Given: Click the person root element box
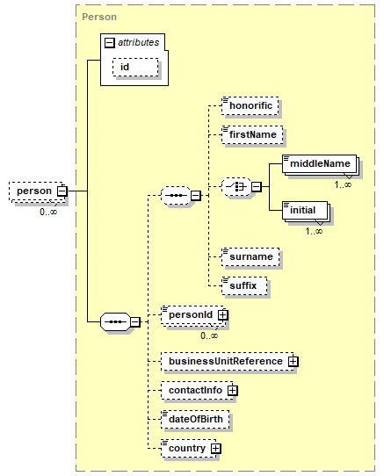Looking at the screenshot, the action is pyautogui.click(x=36, y=191).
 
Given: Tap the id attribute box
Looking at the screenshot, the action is pyautogui.click(x=135, y=67).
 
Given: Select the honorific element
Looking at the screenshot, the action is pyautogui.click(x=250, y=105).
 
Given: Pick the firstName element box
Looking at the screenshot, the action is pyautogui.click(x=252, y=134).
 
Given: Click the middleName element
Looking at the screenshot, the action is pyautogui.click(x=319, y=164).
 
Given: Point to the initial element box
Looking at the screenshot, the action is pyautogui.click(x=305, y=210).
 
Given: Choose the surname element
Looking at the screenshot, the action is pyautogui.click(x=250, y=256).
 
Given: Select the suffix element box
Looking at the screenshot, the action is pyautogui.click(x=244, y=285).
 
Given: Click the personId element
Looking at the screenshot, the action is pyautogui.click(x=193, y=315).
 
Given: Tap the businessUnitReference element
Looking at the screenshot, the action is pyautogui.click(x=228, y=361).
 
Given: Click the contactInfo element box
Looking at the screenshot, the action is pyautogui.click(x=197, y=391).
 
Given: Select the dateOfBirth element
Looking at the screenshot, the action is pyautogui.click(x=195, y=419).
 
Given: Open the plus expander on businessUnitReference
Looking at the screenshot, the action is pyautogui.click(x=293, y=361).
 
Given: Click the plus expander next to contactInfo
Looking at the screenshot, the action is pyautogui.click(x=232, y=391).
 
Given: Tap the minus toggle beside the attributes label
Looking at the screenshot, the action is pyautogui.click(x=109, y=42).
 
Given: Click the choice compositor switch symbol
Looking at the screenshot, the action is pyautogui.click(x=236, y=187).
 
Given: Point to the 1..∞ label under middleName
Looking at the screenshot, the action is pyautogui.click(x=343, y=184).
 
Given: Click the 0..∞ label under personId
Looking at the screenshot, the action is pyautogui.click(x=209, y=335).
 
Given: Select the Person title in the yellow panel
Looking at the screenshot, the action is pyautogui.click(x=99, y=17).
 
